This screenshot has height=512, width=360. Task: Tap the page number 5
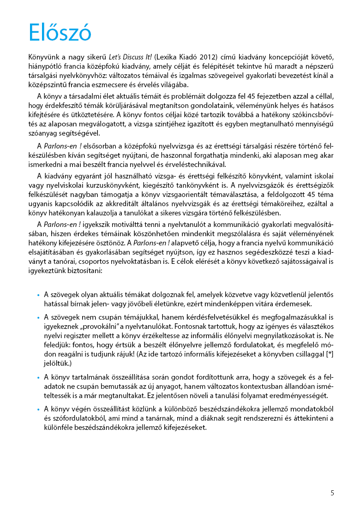click(332, 493)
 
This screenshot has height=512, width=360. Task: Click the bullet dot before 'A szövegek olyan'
click(38, 295)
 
